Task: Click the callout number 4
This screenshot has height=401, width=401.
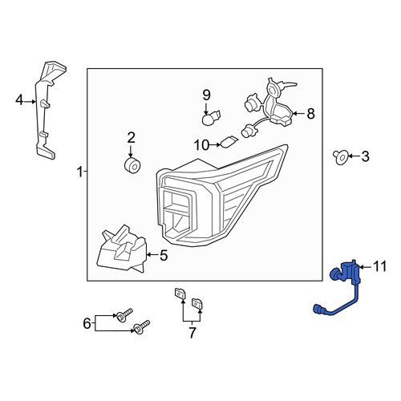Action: click(x=19, y=101)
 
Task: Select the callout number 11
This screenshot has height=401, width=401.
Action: click(x=379, y=266)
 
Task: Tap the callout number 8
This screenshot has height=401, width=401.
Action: click(x=310, y=114)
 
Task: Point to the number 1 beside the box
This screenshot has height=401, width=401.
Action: click(x=80, y=172)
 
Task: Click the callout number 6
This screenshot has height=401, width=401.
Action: click(x=87, y=323)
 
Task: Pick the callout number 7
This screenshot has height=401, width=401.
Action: click(x=192, y=333)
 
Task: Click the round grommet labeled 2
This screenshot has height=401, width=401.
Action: click(x=132, y=165)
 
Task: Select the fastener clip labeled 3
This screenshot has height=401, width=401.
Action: click(x=341, y=157)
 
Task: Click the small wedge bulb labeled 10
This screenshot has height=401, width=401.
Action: click(x=229, y=142)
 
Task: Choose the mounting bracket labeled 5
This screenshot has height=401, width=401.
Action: click(x=122, y=249)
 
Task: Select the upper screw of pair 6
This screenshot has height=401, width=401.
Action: click(x=124, y=315)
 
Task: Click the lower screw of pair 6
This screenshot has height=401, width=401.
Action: click(x=141, y=327)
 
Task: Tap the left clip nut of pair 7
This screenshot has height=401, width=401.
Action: click(x=180, y=294)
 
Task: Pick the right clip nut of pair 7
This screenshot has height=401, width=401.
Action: click(x=197, y=303)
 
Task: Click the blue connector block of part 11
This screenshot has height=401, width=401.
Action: click(x=350, y=273)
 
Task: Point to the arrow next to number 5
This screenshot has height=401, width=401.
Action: click(x=152, y=255)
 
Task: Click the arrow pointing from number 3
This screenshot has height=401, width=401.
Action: click(x=354, y=156)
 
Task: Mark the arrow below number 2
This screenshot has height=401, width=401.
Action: click(x=131, y=151)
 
